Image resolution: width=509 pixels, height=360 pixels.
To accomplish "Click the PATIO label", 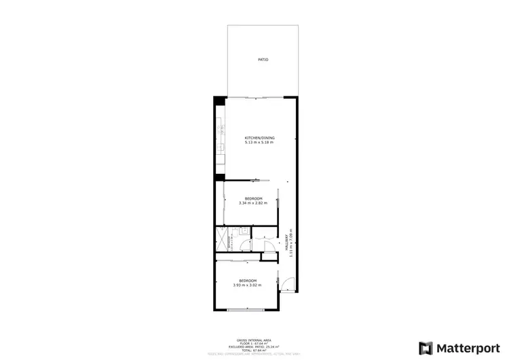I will point(263,60).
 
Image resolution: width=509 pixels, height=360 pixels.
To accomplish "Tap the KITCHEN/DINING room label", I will point(259,138).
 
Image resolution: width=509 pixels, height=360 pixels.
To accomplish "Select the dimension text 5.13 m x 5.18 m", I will point(259,143).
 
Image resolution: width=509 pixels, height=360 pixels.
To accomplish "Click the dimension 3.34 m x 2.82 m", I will point(253,203).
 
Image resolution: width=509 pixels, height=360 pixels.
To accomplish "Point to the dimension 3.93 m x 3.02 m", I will point(246,285).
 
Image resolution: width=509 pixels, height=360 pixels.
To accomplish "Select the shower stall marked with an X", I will point(221,239).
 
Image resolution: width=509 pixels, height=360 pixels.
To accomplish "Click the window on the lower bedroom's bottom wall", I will point(246,310).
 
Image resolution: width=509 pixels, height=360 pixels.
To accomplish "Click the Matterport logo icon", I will point(426,347).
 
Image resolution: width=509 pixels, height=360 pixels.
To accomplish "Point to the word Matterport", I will point(466,348).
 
